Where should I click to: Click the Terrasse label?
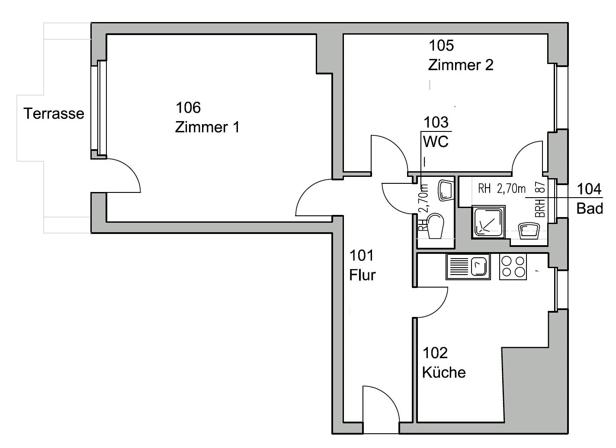[54, 113]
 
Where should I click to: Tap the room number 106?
[188, 108]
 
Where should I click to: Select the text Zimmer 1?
[207, 127]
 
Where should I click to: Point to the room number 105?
[441, 45]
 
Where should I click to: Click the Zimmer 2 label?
[461, 65]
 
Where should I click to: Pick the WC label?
[436, 141]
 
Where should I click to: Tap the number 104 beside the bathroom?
[589, 189]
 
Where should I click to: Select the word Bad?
[590, 208]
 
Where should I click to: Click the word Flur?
[362, 275]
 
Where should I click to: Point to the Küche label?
[444, 373]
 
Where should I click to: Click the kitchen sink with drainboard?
[468, 267]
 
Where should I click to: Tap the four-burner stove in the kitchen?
[513, 267]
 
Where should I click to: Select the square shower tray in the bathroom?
[488, 221]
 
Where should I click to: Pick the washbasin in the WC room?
[445, 190]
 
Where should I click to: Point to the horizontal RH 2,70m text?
[502, 189]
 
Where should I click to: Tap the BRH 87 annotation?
[540, 199]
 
